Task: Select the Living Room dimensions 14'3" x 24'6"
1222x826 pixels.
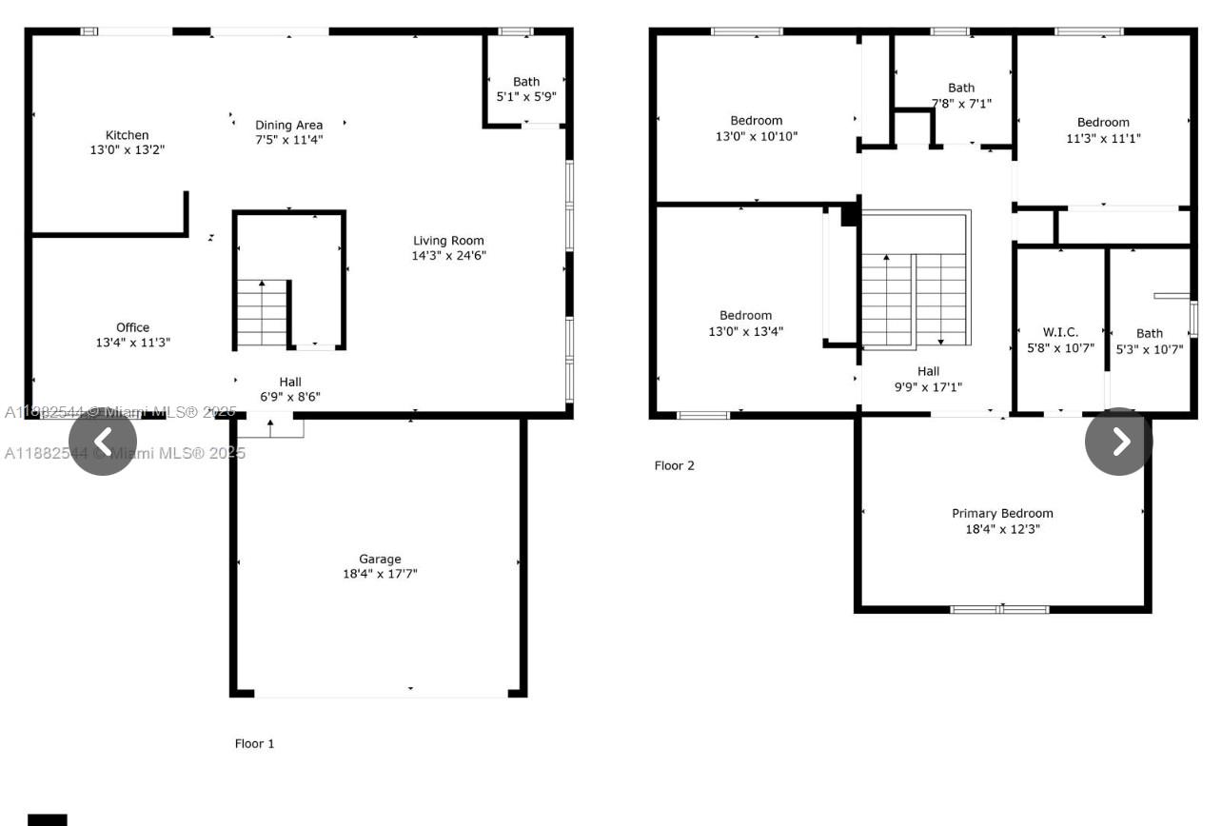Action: coord(448,255)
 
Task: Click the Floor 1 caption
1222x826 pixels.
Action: coord(255,743)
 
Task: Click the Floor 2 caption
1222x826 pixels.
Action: coord(674,465)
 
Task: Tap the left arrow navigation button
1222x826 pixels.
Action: coord(103,442)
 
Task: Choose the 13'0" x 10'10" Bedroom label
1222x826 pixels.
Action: coord(757,128)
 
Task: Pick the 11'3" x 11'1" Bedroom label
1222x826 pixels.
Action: coord(1104,129)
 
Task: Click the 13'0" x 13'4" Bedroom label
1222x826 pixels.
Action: coord(746,323)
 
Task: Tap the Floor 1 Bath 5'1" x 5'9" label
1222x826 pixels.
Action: coord(526,88)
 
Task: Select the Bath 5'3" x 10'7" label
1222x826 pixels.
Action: coord(1150,341)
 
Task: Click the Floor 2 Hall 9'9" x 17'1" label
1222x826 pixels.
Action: coord(929,379)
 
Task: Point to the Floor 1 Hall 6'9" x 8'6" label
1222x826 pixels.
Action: coord(290,389)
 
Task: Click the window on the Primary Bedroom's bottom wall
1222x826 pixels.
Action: coord(1000,609)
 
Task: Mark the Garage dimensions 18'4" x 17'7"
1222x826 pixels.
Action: coord(381,574)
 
